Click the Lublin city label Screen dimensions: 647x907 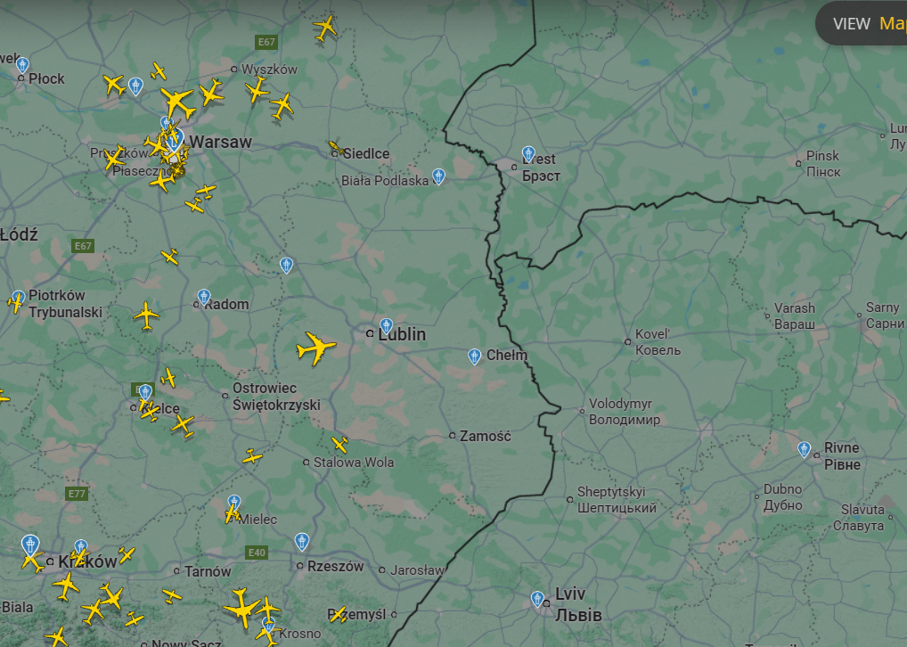(x=402, y=334)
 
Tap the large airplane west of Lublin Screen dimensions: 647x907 (x=315, y=348)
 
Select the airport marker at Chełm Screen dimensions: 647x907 (x=474, y=356)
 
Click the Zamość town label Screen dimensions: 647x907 (x=486, y=436)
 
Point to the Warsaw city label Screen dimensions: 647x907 (x=220, y=142)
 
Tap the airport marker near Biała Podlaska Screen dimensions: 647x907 (x=438, y=176)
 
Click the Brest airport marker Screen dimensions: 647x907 (x=528, y=154)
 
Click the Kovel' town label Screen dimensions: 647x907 (x=658, y=342)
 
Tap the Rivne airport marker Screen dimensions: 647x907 (x=805, y=450)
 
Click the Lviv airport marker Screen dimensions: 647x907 (x=537, y=599)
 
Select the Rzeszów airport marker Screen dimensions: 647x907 (x=302, y=541)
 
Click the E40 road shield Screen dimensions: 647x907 (x=257, y=553)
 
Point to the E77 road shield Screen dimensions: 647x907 (x=77, y=493)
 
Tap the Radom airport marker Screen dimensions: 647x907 (x=204, y=297)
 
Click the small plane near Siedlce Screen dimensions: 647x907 (x=336, y=148)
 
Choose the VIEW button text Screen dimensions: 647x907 (x=851, y=24)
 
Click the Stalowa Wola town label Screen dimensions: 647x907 (x=353, y=463)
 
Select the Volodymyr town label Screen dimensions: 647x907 (x=625, y=412)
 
